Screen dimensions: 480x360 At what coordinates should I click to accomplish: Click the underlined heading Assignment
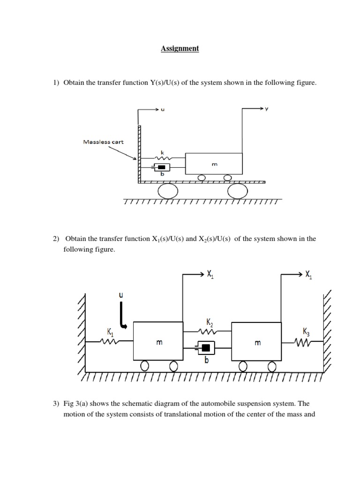pyautogui.click(x=180, y=48)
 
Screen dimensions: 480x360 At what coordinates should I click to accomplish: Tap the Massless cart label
pyautogui.click(x=103, y=142)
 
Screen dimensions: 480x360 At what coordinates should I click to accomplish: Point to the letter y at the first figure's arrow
pyautogui.click(x=266, y=109)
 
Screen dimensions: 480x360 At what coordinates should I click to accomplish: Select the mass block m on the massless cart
pyautogui.click(x=214, y=164)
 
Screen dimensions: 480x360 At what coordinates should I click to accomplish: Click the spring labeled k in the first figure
pyautogui.click(x=163, y=159)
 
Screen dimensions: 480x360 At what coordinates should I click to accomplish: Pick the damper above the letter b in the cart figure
pyautogui.click(x=162, y=167)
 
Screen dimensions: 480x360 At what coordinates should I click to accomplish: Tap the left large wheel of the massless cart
pyautogui.click(x=168, y=191)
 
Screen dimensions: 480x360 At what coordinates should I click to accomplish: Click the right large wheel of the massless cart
pyautogui.click(x=237, y=191)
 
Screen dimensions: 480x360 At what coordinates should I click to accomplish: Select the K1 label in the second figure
pyautogui.click(x=110, y=332)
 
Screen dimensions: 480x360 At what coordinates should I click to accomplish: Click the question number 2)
pyautogui.click(x=56, y=239)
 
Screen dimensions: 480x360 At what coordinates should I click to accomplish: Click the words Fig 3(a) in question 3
pyautogui.click(x=76, y=404)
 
